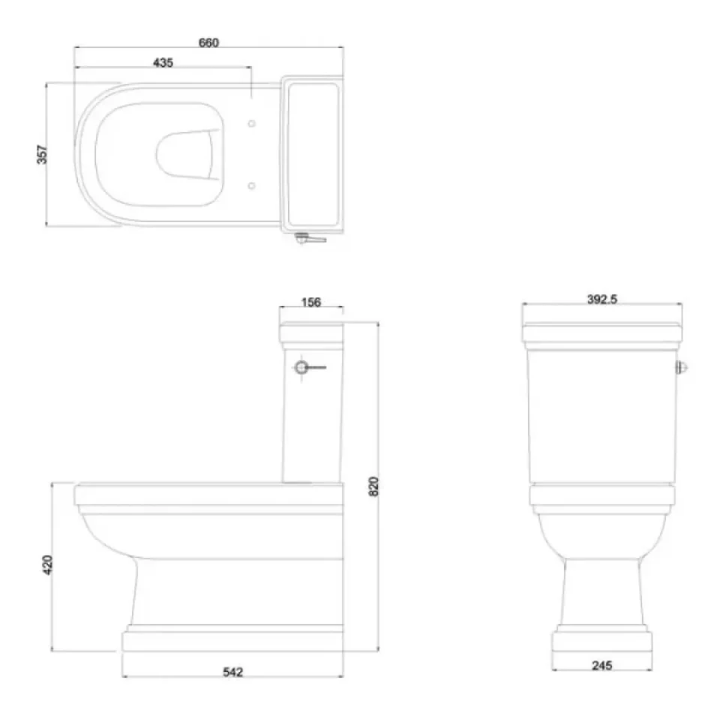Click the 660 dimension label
click(208, 42)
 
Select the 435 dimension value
click(163, 62)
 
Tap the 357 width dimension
click(42, 154)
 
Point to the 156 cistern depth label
click(310, 302)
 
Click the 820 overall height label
click(373, 486)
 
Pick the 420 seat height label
click(47, 565)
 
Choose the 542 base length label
click(232, 672)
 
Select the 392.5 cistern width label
click(602, 299)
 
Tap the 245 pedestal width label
click(602, 665)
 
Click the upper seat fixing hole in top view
click(252, 124)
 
